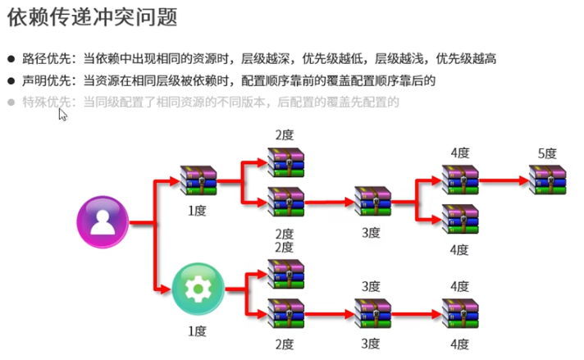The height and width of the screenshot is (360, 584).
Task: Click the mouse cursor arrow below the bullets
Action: [x=62, y=114]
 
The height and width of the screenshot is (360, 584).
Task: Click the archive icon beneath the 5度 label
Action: [x=546, y=179]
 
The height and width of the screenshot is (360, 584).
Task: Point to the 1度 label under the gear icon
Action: [x=197, y=330]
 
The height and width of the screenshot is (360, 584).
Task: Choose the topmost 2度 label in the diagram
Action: [x=285, y=134]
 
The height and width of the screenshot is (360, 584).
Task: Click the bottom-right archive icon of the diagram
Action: [x=459, y=313]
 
